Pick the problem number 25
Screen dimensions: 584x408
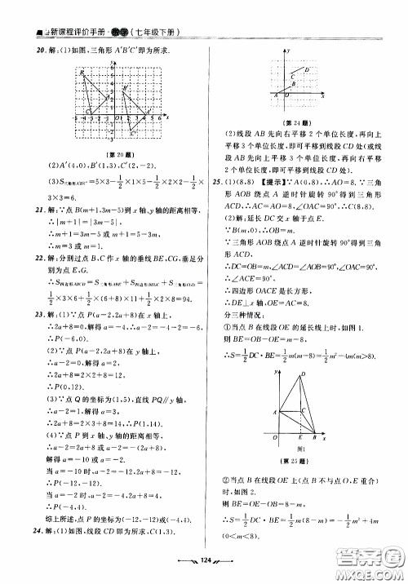216,181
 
